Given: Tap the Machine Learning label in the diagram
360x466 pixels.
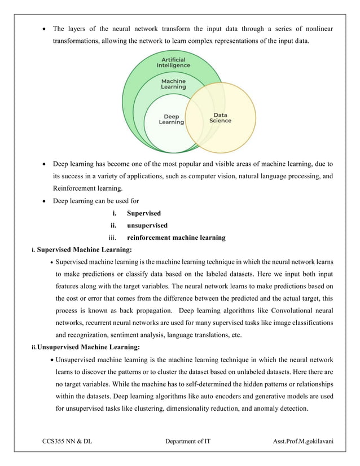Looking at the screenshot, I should [x=173, y=84].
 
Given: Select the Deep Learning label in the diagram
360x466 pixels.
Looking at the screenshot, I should [x=171, y=120].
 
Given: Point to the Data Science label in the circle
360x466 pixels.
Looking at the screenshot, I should [x=220, y=117].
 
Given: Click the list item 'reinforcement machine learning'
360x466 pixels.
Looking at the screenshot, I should [x=176, y=238].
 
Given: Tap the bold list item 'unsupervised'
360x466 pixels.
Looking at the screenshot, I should [x=147, y=226].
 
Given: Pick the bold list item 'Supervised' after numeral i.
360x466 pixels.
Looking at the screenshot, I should [x=144, y=213].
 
